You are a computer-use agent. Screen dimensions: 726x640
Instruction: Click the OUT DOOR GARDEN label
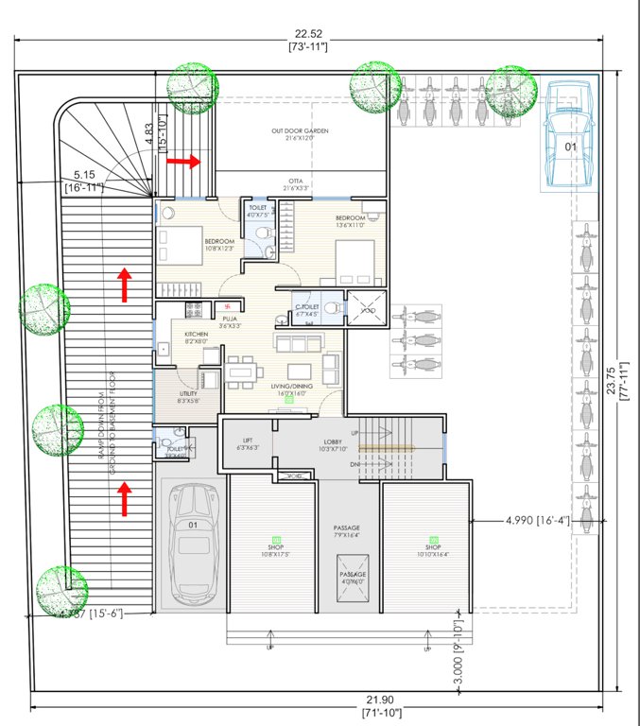click(300, 131)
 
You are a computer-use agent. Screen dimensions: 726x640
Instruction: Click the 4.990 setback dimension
click(522, 520)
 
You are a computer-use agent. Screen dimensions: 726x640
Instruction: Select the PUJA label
click(230, 320)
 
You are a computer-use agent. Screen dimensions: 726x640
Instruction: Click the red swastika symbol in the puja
click(226, 305)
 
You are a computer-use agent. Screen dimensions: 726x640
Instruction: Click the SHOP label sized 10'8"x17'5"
click(270, 547)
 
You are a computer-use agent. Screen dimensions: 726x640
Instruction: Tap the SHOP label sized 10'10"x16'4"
click(433, 547)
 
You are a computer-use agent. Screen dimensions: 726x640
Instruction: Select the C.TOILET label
click(305, 307)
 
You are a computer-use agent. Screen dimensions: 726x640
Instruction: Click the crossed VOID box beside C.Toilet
click(364, 309)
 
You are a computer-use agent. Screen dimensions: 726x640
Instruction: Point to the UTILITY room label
click(189, 394)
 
